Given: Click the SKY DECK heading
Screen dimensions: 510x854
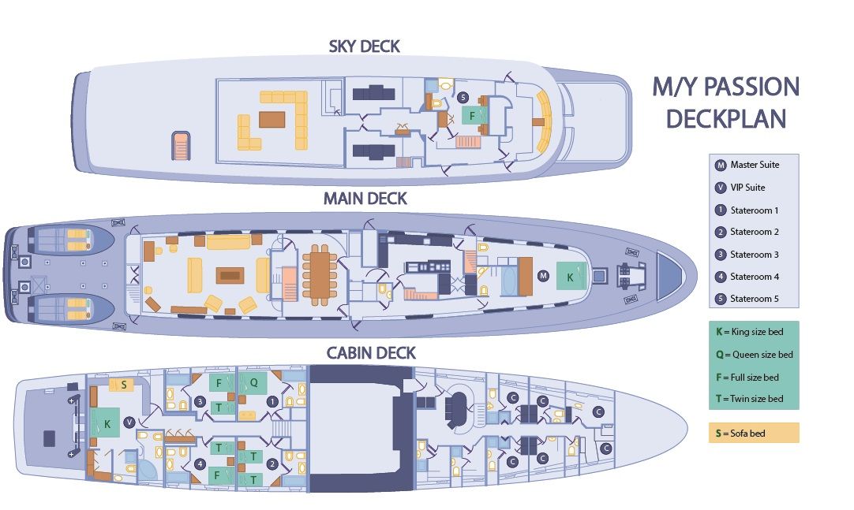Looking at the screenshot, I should pyautogui.click(x=365, y=47).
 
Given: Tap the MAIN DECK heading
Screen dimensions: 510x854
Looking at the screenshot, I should pyautogui.click(x=365, y=199).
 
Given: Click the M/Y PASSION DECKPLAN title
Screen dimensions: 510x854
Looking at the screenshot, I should pyautogui.click(x=725, y=102).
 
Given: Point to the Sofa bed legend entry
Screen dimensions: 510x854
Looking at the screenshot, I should pyautogui.click(x=754, y=433).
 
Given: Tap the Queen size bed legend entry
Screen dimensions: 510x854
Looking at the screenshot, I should pyautogui.click(x=755, y=355).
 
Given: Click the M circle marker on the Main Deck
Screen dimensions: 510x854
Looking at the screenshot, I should pyautogui.click(x=543, y=276).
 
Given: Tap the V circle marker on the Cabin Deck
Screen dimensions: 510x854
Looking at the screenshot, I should pyautogui.click(x=129, y=423).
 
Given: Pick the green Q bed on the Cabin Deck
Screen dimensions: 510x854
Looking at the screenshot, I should pyautogui.click(x=253, y=383).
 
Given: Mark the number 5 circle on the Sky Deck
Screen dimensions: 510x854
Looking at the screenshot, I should pyautogui.click(x=463, y=98).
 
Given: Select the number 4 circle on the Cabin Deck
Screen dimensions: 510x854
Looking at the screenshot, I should pyautogui.click(x=200, y=464).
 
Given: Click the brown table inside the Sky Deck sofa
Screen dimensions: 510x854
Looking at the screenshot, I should pyautogui.click(x=272, y=119).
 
